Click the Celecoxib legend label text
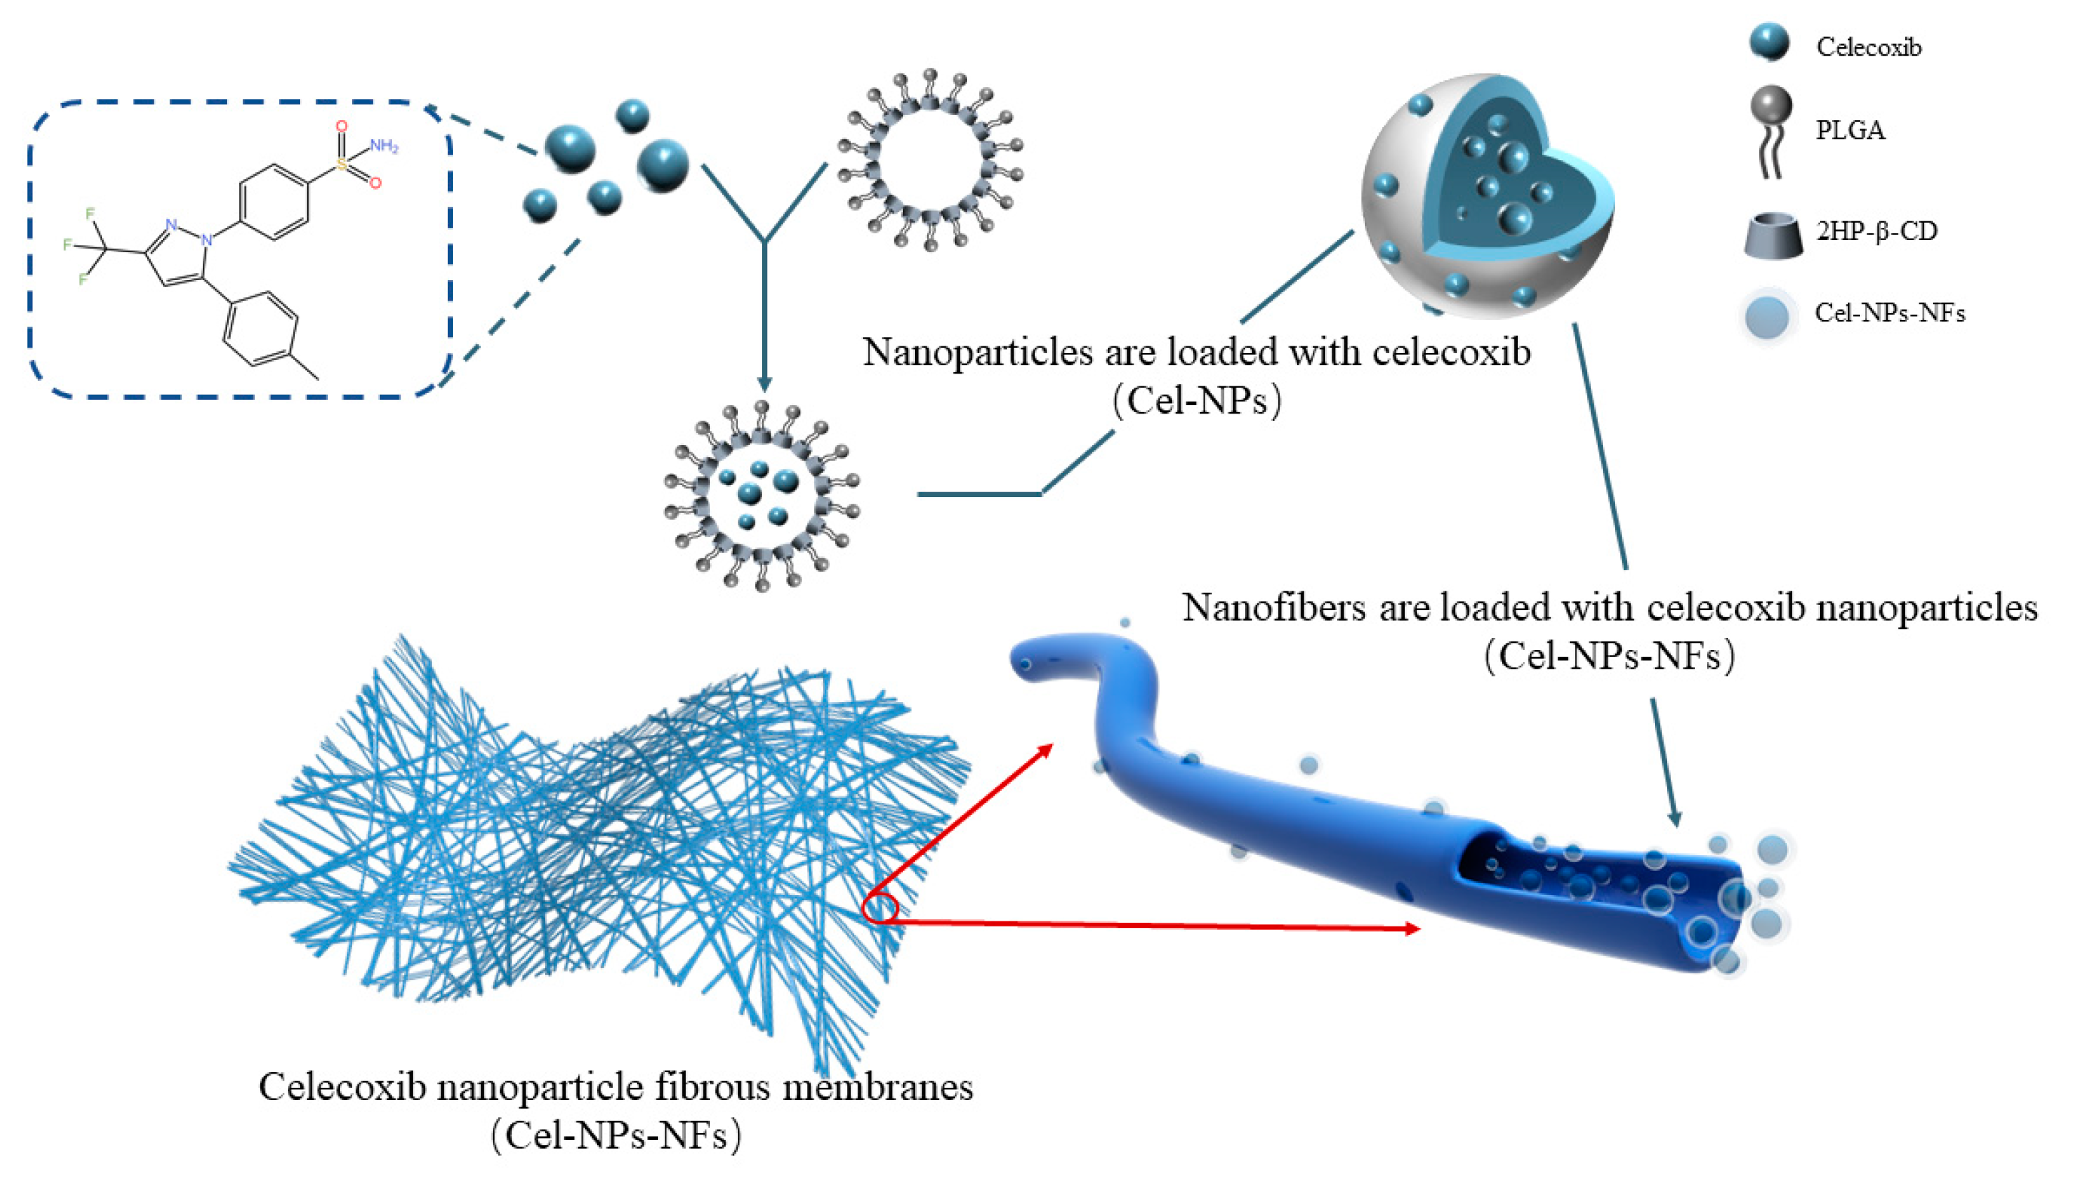coord(1868,47)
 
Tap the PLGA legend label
coord(1850,130)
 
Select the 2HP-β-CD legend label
coord(1876,231)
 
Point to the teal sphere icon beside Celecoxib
coord(1769,41)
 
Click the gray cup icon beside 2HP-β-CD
coord(1773,236)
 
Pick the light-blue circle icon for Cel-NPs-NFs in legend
coord(1766,316)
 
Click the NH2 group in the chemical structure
coord(384,146)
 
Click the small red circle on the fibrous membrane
coord(880,908)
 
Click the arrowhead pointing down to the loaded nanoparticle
coord(762,384)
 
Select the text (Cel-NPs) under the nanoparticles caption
coord(1197,400)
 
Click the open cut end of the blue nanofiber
coord(1718,908)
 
